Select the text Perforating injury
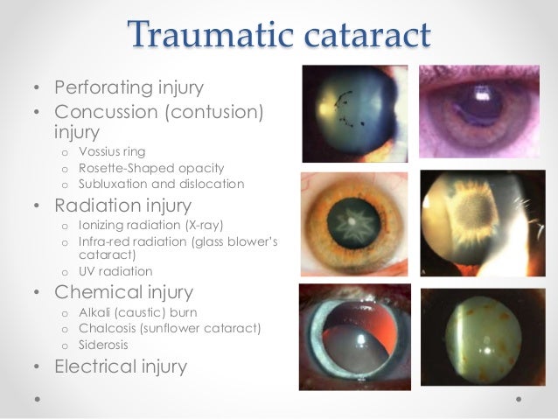click(129, 88)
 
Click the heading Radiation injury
click(122, 207)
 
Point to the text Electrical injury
click(121, 367)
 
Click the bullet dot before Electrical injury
click(37, 367)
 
